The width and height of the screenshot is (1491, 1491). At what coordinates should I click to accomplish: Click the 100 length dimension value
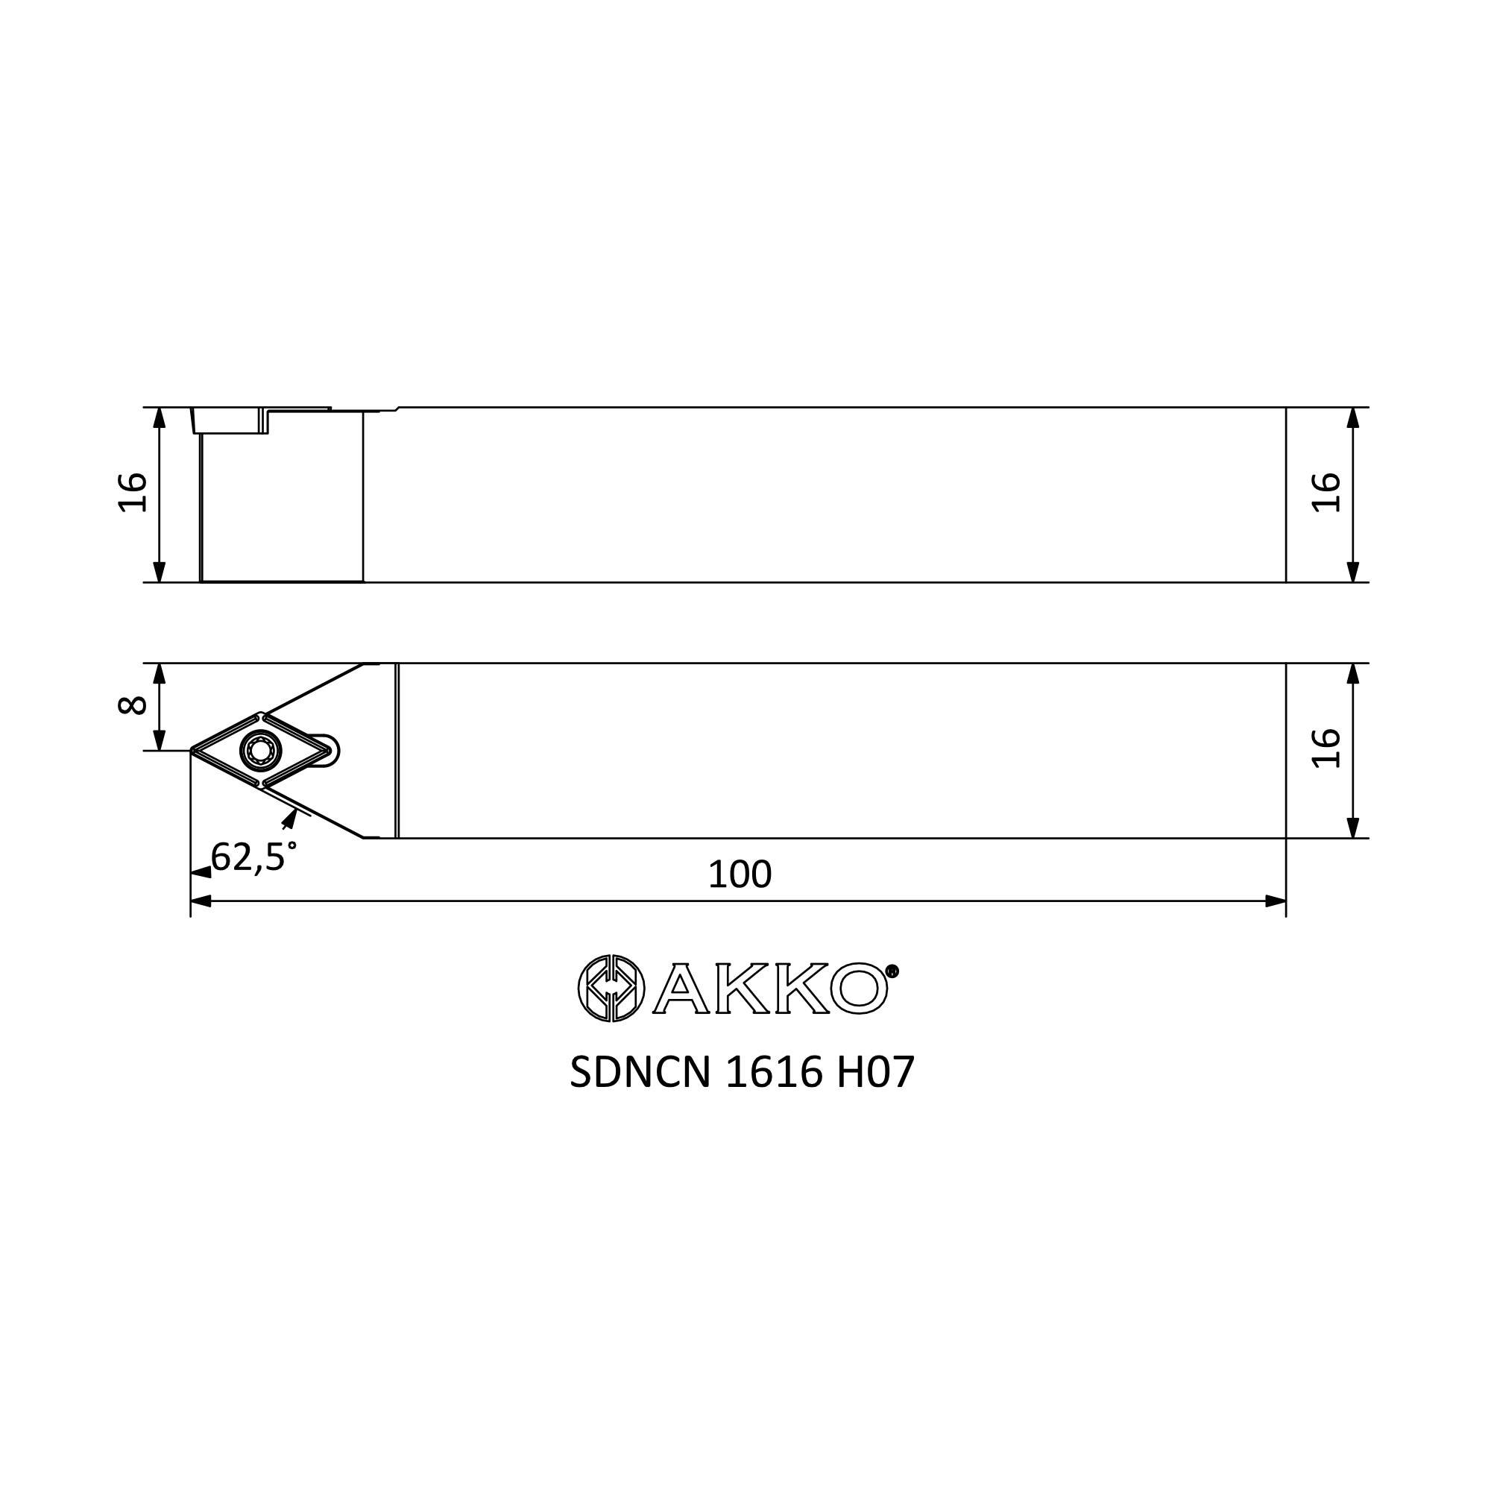pos(740,874)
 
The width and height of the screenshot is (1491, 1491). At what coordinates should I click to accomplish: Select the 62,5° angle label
pos(253,857)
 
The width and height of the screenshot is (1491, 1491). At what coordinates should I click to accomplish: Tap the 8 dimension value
pos(133,705)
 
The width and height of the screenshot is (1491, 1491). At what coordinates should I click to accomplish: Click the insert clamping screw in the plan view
pos(262,749)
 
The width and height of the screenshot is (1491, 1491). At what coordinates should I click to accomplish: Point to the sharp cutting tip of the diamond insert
pos(192,749)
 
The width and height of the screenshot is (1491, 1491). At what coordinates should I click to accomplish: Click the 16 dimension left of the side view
pos(133,492)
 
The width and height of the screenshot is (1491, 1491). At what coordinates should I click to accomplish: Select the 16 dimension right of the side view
pos(1325,492)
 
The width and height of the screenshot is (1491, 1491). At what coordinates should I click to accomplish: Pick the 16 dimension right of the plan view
pos(1325,748)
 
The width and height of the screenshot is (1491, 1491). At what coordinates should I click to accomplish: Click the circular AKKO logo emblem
pos(611,988)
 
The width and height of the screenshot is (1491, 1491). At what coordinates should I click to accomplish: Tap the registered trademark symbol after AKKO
pos(893,971)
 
